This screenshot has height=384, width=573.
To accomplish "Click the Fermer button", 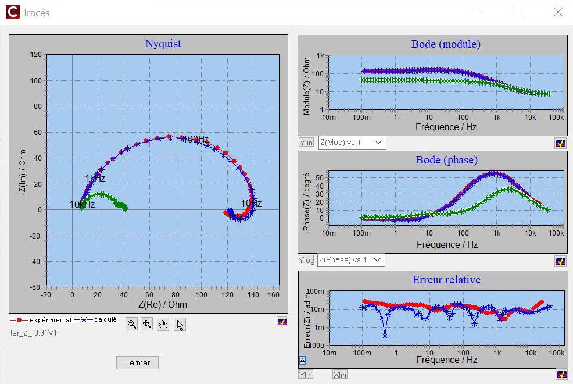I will (137, 362).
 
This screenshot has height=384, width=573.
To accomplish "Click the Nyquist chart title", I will (163, 44).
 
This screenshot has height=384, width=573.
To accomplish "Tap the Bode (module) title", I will (446, 44).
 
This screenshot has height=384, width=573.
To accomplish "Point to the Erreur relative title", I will (446, 280).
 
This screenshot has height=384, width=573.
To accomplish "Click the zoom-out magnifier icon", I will (132, 325).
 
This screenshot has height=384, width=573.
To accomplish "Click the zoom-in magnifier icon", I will (148, 325).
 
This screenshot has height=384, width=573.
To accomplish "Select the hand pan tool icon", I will (163, 325).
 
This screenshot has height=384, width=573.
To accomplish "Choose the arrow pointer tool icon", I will (180, 325).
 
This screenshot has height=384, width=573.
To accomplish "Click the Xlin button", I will (340, 375).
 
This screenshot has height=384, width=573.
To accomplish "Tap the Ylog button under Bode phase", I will (306, 260).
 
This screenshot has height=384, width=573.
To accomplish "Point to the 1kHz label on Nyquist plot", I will (95, 178).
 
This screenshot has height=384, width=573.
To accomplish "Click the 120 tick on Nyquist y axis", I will (35, 55).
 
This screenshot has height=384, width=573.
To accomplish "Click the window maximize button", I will (517, 12).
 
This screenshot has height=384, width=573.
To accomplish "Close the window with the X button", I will (557, 12).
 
